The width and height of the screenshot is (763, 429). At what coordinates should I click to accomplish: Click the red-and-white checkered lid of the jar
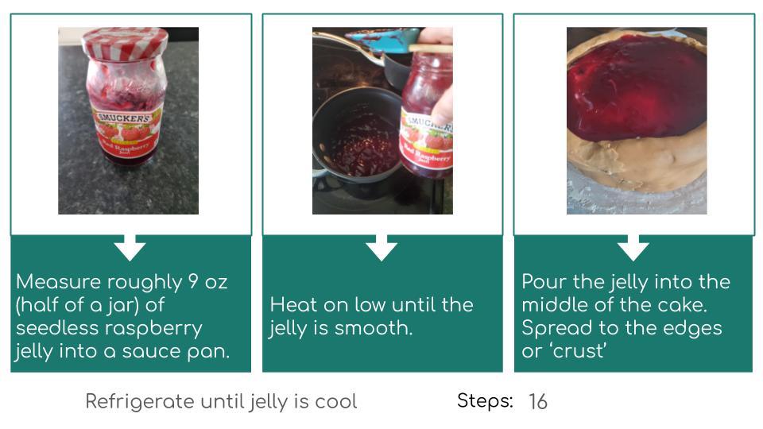(x=125, y=43)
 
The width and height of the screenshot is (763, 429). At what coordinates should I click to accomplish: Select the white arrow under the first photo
(x=130, y=247)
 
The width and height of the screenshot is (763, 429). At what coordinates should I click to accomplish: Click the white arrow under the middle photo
(x=381, y=247)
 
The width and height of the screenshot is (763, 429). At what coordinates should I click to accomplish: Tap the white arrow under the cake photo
(x=633, y=247)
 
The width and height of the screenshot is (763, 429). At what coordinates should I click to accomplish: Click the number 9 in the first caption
(x=192, y=281)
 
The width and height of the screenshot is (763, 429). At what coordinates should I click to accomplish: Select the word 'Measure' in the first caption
(x=58, y=281)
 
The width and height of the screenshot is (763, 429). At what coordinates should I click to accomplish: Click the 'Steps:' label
(x=485, y=401)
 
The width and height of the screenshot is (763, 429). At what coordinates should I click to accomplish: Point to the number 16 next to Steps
(x=538, y=402)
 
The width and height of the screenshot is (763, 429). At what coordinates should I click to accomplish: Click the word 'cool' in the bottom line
(x=336, y=402)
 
